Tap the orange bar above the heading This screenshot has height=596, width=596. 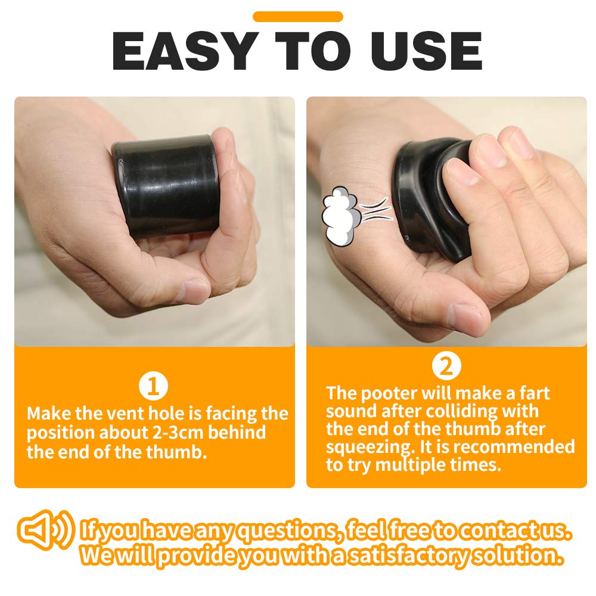tap(298, 17)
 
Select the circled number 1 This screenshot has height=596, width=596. tap(154, 387)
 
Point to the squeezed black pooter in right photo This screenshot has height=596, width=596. tap(429, 197)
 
